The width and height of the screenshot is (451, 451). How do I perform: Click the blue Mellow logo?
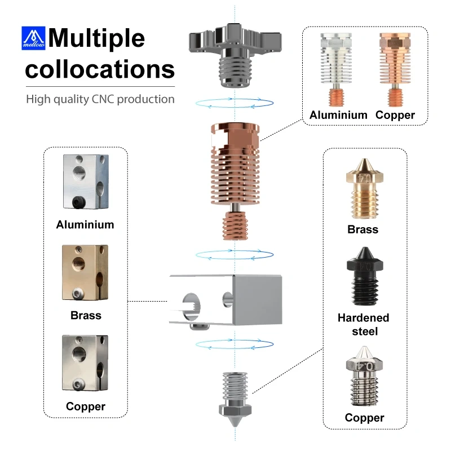(x=33, y=38)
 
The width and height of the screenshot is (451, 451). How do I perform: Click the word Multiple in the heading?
(x=96, y=38)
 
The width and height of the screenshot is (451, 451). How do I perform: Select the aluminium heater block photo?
(x=86, y=182)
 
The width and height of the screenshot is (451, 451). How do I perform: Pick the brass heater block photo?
(x=85, y=272)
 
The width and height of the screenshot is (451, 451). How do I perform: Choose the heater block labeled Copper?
(x=85, y=362)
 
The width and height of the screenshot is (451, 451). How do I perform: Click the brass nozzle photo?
(x=365, y=189)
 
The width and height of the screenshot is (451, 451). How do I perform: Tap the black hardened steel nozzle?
(x=365, y=276)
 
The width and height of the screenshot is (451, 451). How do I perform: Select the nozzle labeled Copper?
(x=365, y=376)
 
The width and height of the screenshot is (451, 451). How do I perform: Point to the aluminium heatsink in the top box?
(x=336, y=69)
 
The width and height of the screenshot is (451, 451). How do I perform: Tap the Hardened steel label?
(x=364, y=325)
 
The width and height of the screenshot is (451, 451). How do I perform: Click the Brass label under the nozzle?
(x=363, y=229)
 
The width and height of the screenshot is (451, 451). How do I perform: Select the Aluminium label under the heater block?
(x=85, y=224)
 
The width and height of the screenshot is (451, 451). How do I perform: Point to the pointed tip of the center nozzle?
(x=235, y=427)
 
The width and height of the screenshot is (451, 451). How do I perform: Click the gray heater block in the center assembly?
(x=226, y=301)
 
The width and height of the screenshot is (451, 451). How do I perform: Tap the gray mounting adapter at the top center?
(x=235, y=55)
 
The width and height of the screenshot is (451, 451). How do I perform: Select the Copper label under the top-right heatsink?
(x=395, y=115)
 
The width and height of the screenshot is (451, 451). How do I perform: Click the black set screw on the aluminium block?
(x=77, y=202)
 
